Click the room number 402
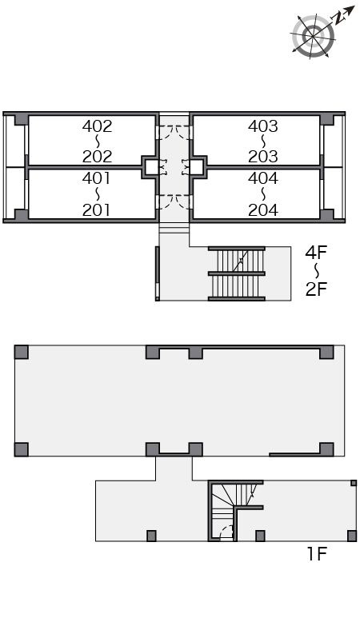(x=97, y=126)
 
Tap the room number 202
(x=97, y=157)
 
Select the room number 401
(x=96, y=178)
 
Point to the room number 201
(x=96, y=209)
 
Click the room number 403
(x=263, y=126)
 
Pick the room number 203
(x=263, y=157)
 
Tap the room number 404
(x=263, y=178)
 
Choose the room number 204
(x=263, y=209)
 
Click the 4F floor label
(x=316, y=253)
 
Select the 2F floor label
(x=316, y=289)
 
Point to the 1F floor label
(x=317, y=554)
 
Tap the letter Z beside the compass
(x=338, y=18)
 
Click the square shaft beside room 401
(x=151, y=167)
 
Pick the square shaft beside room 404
(x=197, y=167)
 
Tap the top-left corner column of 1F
(x=22, y=352)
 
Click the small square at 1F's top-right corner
(x=354, y=483)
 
